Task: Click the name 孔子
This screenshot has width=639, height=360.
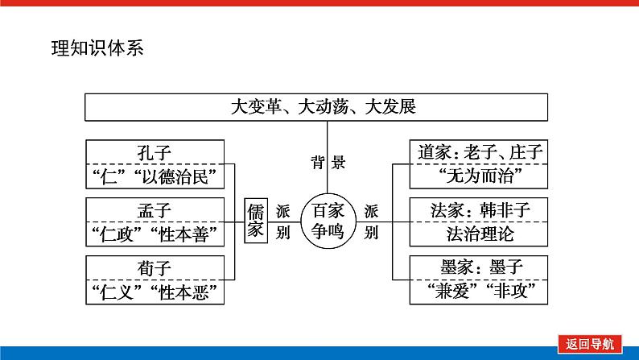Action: click(x=155, y=151)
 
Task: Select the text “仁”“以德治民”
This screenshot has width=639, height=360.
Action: click(x=155, y=175)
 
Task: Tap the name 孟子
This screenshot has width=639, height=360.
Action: click(x=155, y=210)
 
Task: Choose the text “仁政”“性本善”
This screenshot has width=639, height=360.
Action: click(x=155, y=234)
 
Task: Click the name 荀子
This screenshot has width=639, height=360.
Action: click(x=155, y=268)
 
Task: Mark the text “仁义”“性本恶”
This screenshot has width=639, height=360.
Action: click(x=155, y=292)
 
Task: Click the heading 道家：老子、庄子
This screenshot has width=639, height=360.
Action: click(x=480, y=151)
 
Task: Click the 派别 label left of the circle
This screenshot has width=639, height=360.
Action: click(x=282, y=221)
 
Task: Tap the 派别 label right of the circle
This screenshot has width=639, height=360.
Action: click(x=371, y=221)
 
